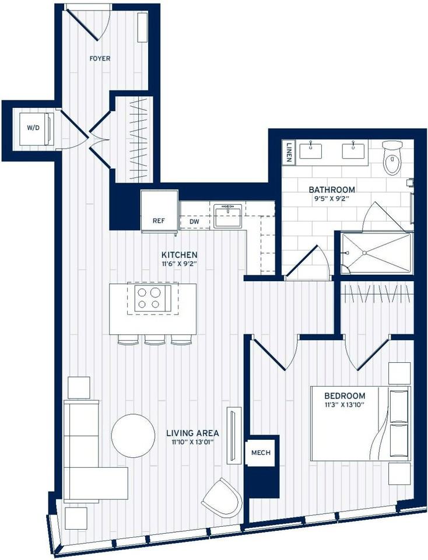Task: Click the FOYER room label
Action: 100,58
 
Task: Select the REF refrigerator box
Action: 159,220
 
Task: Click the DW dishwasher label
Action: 194,222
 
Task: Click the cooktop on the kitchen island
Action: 148,297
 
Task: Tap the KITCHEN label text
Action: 180,255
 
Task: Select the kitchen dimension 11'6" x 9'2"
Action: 180,264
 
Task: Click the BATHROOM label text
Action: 332,190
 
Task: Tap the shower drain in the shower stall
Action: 364,253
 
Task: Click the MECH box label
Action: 260,453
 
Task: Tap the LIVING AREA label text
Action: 192,433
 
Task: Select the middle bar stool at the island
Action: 155,340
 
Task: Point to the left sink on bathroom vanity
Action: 312,150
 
